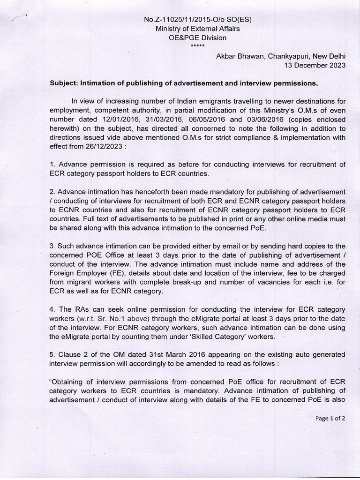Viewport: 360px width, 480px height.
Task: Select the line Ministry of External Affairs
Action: [x=197, y=29]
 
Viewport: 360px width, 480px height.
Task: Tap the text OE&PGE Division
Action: [x=197, y=38]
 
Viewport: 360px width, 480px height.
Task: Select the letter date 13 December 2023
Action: [x=315, y=65]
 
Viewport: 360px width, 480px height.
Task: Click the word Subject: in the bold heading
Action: [x=64, y=83]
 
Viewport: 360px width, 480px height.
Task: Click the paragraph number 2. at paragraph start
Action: [x=52, y=192]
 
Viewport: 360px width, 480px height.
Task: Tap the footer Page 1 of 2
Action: [x=330, y=419]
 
